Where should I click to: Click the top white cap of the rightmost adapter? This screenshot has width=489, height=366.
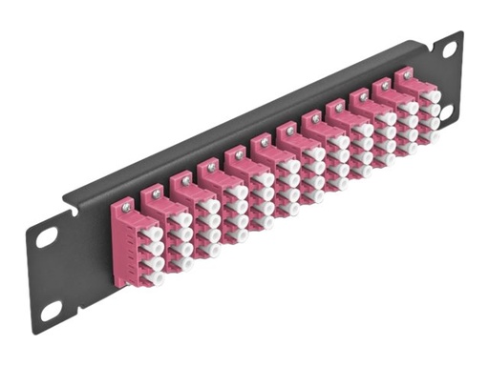coord(431,96)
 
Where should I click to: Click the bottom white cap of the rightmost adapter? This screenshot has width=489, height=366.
coord(434,136)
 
